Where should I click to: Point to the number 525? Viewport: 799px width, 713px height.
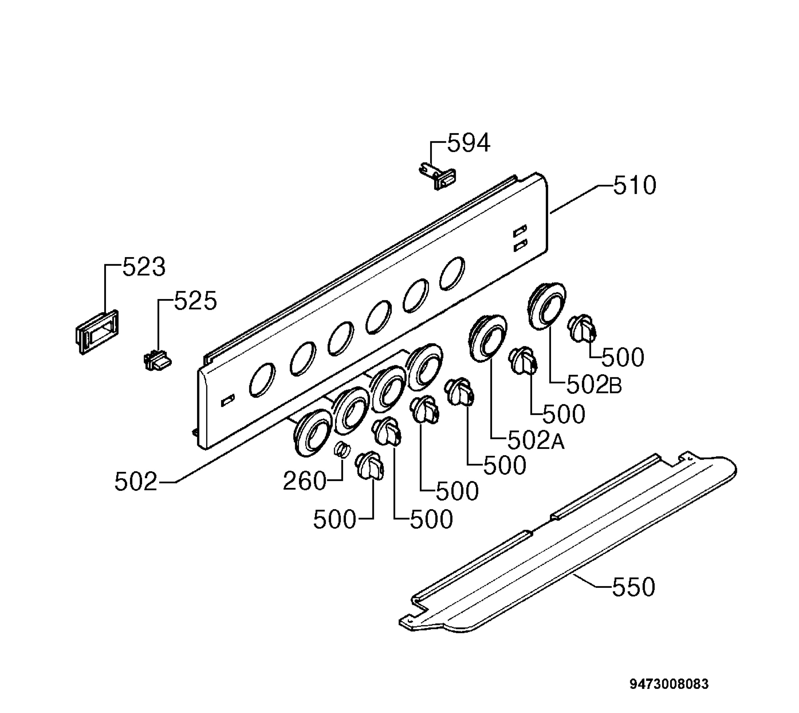[x=195, y=301]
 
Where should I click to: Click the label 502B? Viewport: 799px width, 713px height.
[x=594, y=385]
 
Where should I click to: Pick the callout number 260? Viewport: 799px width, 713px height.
[x=304, y=481]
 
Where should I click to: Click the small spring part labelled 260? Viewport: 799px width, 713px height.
[x=340, y=449]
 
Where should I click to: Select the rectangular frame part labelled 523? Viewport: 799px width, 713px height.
[x=97, y=331]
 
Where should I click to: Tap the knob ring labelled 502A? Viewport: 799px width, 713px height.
[x=488, y=336]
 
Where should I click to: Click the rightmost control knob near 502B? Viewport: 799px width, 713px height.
[x=582, y=328]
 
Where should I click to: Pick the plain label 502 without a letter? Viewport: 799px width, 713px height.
[x=136, y=482]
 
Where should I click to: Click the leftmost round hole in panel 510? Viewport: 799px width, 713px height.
[x=262, y=380]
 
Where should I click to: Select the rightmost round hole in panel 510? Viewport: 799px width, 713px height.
[x=452, y=273]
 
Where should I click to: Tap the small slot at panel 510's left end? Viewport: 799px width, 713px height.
[x=228, y=401]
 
